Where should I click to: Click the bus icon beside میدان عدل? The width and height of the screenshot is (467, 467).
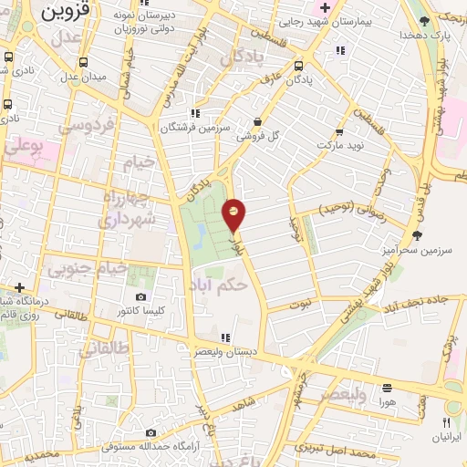tap(84, 63)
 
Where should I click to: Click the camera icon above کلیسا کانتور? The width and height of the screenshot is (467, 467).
tap(140, 296)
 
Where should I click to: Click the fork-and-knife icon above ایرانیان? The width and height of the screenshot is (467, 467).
tap(446, 422)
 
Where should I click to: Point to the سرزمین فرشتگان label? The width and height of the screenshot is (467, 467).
tap(195, 129)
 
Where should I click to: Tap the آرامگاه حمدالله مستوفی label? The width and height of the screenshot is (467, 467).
tap(137, 447)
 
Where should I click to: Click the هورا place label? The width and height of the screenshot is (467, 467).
tap(388, 401)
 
